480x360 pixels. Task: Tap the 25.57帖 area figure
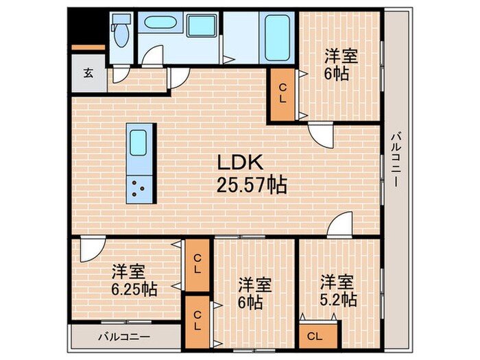click(x=252, y=184)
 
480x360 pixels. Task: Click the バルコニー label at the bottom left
click(x=123, y=337)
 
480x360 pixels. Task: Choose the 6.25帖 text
click(x=134, y=289)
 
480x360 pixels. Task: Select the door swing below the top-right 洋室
click(x=320, y=136)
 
